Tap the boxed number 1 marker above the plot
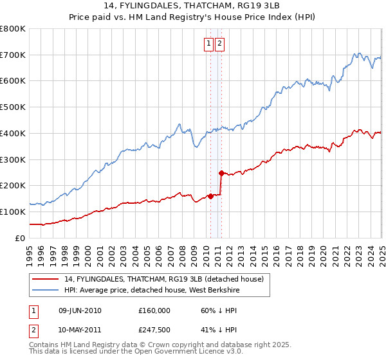pyautogui.click(x=209, y=44)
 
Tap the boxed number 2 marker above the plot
pyautogui.click(x=219, y=44)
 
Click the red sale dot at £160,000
pyautogui.click(x=210, y=196)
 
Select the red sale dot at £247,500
pyautogui.click(x=221, y=173)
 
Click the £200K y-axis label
pyautogui.click(x=13, y=186)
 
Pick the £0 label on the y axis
pyautogui.click(x=21, y=238)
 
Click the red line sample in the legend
pyautogui.click(x=46, y=279)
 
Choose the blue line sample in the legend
pyautogui.click(x=46, y=290)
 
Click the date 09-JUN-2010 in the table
pyautogui.click(x=80, y=310)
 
